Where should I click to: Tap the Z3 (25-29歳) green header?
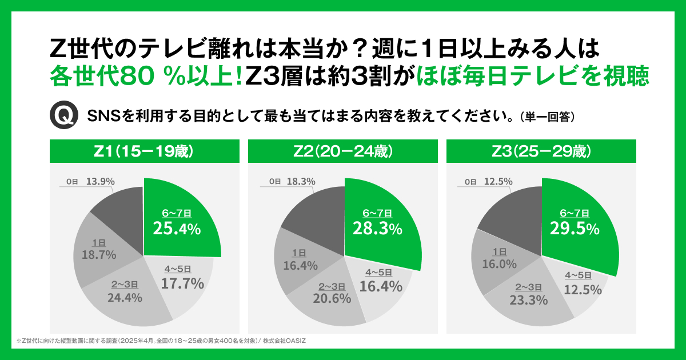click(x=541, y=151)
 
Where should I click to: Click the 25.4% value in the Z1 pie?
click(x=177, y=229)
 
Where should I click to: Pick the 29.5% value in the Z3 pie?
click(x=575, y=229)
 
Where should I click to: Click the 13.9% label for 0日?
click(x=101, y=181)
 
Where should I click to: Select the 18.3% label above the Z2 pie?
click(x=300, y=181)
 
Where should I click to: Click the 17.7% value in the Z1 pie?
click(x=182, y=283)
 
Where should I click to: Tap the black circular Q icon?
click(x=63, y=115)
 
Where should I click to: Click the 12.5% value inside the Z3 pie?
click(x=583, y=290)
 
